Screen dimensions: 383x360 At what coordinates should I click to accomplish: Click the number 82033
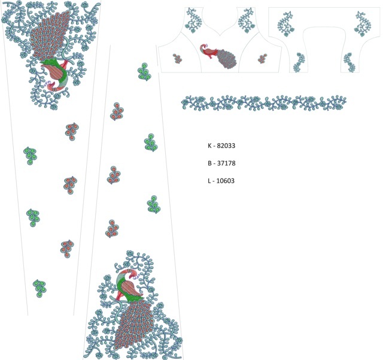[x=226, y=146]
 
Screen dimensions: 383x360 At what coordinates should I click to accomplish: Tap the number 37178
[x=226, y=163]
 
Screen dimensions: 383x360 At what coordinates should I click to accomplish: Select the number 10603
[x=226, y=181]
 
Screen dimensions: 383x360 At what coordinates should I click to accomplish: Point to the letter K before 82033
[x=209, y=146]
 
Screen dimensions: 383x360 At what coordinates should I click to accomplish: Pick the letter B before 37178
[x=209, y=163]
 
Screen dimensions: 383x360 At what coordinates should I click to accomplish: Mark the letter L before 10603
[x=209, y=181]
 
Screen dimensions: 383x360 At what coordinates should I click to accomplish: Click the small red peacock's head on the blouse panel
[x=203, y=47]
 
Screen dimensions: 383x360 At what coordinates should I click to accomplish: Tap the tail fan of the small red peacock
[x=226, y=59]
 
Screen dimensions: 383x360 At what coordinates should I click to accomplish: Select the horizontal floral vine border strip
[x=264, y=102]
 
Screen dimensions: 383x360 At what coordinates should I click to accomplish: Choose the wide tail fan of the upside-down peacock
[x=49, y=34]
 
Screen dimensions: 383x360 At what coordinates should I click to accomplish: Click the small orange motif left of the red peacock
[x=177, y=59]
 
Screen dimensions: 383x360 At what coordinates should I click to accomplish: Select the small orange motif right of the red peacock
[x=262, y=59]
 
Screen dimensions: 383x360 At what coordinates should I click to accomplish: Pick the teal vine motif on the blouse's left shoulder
[x=193, y=20]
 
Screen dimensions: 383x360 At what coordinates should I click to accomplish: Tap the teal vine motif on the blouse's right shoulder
[x=246, y=20]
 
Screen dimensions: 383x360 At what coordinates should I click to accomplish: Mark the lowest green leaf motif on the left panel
[x=39, y=289]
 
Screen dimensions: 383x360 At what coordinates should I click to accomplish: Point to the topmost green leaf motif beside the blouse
[x=145, y=72]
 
